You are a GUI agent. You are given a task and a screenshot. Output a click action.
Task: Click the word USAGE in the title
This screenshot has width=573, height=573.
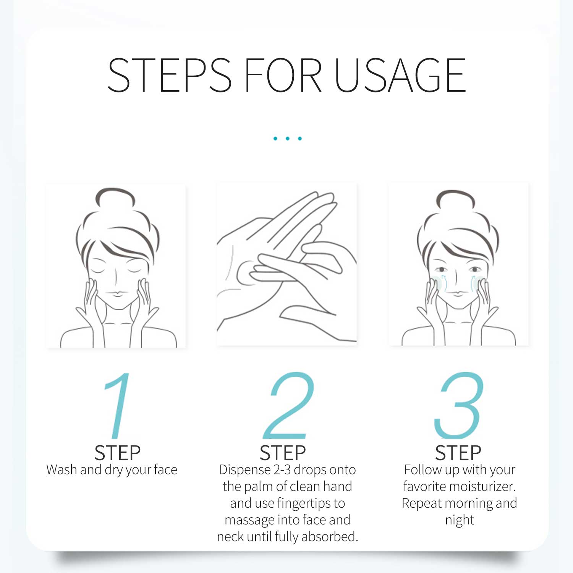(400, 75)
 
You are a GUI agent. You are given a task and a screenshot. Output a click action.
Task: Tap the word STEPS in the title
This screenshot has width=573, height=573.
(170, 75)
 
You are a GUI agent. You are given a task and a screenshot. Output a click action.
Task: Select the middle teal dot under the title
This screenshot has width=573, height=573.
(288, 138)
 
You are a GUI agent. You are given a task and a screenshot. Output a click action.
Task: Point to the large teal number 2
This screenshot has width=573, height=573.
(288, 405)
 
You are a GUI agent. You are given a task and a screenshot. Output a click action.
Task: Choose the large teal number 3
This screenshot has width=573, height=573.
(459, 405)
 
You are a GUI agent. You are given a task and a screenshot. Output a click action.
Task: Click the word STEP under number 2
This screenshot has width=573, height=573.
(283, 453)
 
